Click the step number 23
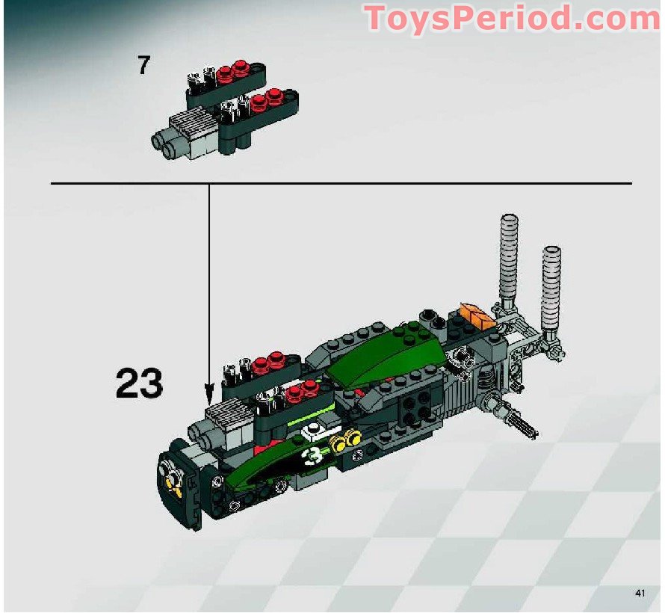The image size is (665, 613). point(139,383)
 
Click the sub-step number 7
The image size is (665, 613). point(143,66)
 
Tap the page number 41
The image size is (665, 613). point(639,593)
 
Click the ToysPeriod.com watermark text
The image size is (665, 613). point(512,18)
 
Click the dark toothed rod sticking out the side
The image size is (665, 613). point(521,419)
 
